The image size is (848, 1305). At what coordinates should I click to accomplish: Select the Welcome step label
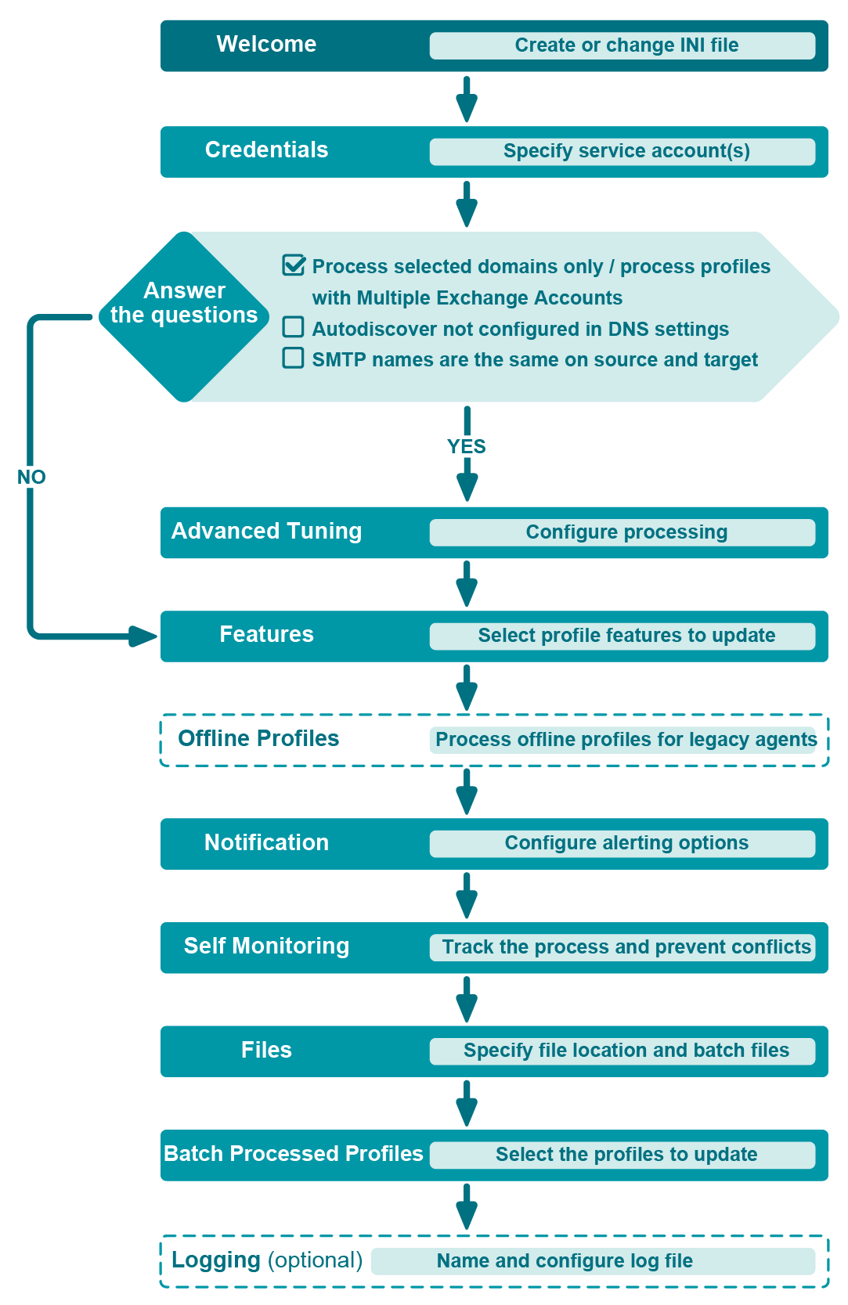[266, 45]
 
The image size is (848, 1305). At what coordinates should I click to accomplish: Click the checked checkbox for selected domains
[294, 265]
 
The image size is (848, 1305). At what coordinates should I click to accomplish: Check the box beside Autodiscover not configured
[293, 327]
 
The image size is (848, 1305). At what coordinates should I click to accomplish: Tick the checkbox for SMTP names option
[293, 358]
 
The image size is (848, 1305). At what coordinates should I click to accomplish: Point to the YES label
[467, 446]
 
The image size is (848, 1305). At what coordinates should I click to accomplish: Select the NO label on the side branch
[31, 477]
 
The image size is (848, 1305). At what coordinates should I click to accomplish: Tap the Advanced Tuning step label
[266, 532]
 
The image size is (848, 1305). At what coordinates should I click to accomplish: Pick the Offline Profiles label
[258, 739]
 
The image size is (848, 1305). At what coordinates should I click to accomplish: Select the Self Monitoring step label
[266, 946]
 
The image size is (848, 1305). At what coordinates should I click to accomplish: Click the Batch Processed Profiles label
[293, 1154]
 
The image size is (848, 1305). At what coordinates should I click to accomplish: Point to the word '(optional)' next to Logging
[315, 1260]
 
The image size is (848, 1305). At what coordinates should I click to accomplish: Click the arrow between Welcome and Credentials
[467, 100]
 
